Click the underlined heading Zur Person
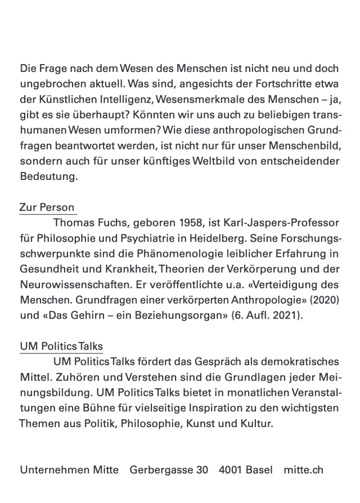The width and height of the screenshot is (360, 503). click(x=47, y=207)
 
